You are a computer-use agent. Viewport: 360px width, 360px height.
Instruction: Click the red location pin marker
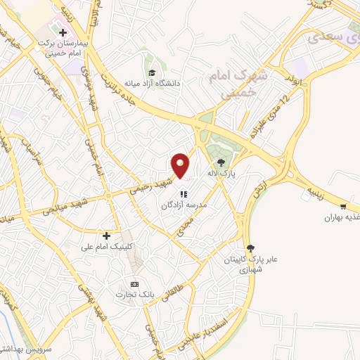(181, 165)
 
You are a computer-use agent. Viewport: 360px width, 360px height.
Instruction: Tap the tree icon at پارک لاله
(221, 162)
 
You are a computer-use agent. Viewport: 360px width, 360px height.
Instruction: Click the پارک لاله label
(224, 172)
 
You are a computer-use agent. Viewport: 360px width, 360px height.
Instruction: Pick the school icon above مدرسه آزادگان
(183, 194)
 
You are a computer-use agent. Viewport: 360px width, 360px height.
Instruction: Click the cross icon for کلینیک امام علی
(107, 236)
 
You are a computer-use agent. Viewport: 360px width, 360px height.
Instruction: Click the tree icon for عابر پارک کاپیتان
(250, 248)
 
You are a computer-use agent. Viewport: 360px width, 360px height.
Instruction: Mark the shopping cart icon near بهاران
(342, 207)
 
